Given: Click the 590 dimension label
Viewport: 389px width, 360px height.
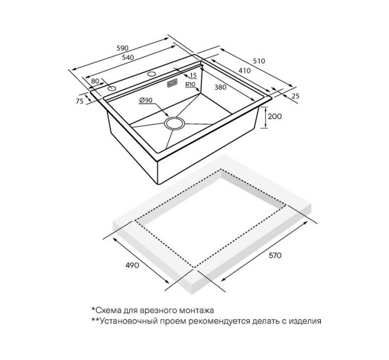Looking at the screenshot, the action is point(122,48).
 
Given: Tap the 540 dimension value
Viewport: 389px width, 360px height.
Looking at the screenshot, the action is point(128,58).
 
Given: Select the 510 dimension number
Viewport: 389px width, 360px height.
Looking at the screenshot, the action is point(259,61).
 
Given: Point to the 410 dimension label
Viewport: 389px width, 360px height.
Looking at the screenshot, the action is point(245,71).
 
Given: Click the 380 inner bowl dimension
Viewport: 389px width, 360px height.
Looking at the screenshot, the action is point(220,87).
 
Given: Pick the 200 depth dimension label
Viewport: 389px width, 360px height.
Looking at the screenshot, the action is point(275,116).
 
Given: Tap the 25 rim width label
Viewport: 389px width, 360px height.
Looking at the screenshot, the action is point(295,96).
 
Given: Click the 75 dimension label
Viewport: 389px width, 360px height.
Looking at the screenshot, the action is point(80,101).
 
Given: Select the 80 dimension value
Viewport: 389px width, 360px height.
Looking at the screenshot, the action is point(96,81).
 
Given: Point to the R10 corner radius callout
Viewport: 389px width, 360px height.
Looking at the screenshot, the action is point(190,85).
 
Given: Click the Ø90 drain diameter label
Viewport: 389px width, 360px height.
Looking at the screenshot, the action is point(146,100).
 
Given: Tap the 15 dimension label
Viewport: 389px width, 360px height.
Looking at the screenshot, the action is point(193,75).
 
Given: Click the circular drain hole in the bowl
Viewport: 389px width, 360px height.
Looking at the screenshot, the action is point(174,123).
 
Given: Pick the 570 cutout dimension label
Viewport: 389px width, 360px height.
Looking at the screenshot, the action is point(275,255).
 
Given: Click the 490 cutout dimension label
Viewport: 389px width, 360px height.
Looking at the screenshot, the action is point(132,265).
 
